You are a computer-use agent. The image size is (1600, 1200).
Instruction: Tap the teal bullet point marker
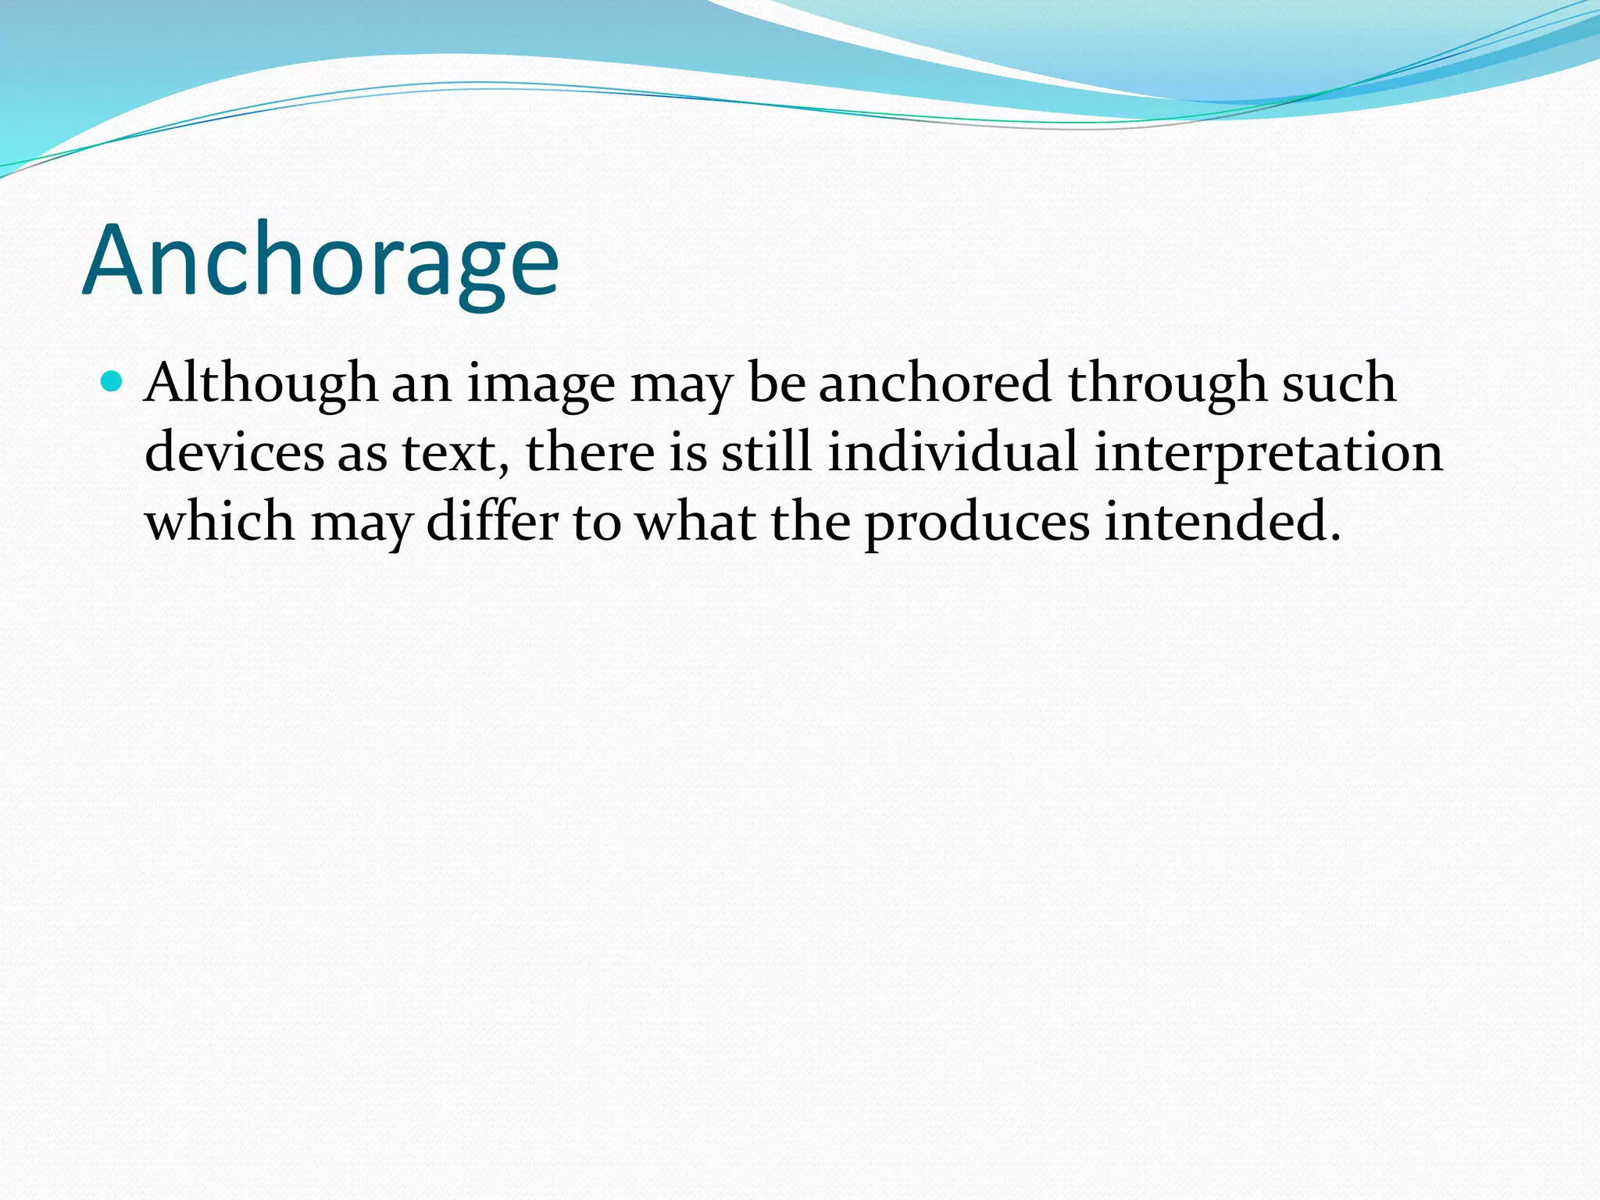click(x=112, y=381)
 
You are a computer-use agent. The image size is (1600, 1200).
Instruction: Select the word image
click(x=541, y=384)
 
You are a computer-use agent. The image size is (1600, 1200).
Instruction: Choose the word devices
click(x=234, y=452)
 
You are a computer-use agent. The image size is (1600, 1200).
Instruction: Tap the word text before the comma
click(x=450, y=454)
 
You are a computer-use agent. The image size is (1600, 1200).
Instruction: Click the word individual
click(x=952, y=452)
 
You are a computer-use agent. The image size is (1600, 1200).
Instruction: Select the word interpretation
click(x=1268, y=454)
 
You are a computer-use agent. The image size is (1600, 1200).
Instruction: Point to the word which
click(x=220, y=521)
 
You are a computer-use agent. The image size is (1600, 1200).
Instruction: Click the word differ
click(x=493, y=521)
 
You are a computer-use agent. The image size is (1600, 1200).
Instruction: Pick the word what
click(x=695, y=521)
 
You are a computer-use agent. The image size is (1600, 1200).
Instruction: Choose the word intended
click(x=1214, y=521)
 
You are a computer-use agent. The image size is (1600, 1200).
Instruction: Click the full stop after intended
click(x=1335, y=537)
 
